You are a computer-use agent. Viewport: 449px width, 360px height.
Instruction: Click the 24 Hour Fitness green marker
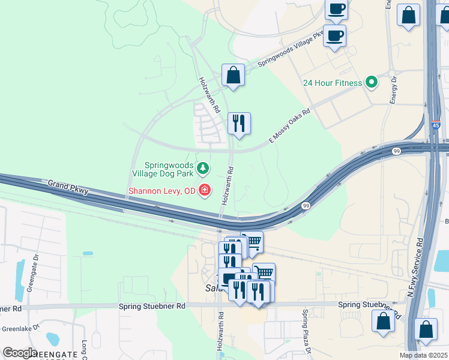click(x=372, y=83)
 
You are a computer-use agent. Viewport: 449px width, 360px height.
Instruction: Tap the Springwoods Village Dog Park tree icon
click(x=203, y=167)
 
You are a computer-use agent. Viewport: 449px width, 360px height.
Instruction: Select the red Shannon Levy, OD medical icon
click(x=205, y=191)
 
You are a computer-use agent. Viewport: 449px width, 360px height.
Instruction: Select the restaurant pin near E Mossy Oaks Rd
click(x=239, y=123)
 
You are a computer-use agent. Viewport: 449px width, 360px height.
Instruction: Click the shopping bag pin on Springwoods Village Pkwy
click(x=233, y=76)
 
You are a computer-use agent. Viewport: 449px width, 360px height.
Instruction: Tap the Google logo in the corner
click(x=19, y=353)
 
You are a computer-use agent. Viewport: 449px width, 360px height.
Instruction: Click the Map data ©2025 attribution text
click(x=423, y=355)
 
